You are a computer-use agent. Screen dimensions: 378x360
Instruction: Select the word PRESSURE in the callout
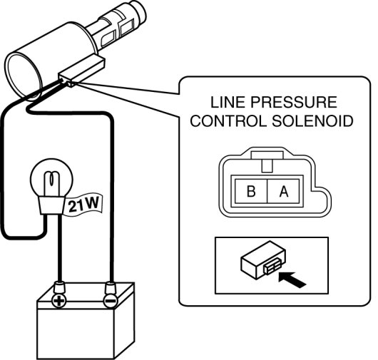pyautogui.click(x=294, y=102)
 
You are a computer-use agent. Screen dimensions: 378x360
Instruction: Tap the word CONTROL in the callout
pyautogui.click(x=228, y=120)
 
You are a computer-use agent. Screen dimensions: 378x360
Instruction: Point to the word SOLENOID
pyautogui.click(x=312, y=120)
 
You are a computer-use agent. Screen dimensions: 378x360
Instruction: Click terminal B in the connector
pyautogui.click(x=251, y=191)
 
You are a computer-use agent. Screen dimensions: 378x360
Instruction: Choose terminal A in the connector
pyautogui.click(x=284, y=191)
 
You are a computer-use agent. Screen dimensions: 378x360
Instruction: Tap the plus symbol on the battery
pyautogui.click(x=58, y=301)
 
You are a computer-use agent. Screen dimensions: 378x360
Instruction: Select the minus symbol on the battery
pyautogui.click(x=111, y=301)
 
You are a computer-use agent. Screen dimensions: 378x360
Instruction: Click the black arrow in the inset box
pyautogui.click(x=292, y=279)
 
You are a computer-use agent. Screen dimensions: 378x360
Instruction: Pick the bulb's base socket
pyautogui.click(x=52, y=205)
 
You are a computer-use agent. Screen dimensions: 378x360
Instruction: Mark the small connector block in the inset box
pyautogui.click(x=263, y=260)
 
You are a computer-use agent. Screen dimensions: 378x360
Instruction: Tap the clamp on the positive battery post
pyautogui.click(x=59, y=287)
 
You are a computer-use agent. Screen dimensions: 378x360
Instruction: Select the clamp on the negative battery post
pyautogui.click(x=111, y=287)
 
